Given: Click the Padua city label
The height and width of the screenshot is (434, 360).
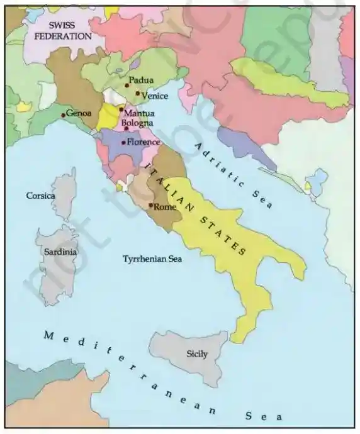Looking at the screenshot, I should tap(142, 81).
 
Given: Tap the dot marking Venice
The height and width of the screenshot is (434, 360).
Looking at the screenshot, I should tap(138, 93).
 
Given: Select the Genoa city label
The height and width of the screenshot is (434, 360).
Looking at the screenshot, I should tap(79, 113).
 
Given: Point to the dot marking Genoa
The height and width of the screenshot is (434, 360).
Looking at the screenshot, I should tap(64, 115).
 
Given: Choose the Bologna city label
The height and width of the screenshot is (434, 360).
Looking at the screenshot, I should tap(137, 123).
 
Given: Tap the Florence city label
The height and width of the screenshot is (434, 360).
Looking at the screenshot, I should tap(143, 142).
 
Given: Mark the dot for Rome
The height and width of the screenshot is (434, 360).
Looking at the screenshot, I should tap(150, 204).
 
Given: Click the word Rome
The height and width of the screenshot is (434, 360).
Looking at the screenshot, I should tap(165, 206).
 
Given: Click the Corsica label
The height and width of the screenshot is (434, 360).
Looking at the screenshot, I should tap(40, 196).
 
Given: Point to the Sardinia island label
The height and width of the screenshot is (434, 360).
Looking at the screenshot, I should tap(60, 252).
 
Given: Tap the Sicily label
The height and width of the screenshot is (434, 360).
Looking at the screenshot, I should tap(197, 354).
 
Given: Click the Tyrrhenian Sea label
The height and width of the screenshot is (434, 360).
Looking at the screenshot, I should tap(152, 259).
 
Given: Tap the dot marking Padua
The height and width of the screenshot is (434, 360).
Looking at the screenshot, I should tap(127, 85).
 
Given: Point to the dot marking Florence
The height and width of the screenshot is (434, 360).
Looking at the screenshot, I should tap(123, 143).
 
